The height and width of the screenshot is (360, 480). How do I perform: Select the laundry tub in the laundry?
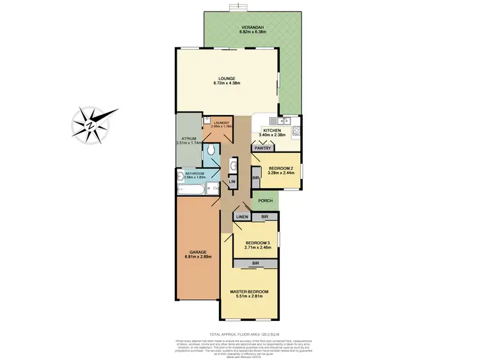(x=208, y=120)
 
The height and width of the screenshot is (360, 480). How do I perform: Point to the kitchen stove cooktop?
(x=296, y=132)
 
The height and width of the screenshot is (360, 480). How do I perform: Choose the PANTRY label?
(x=263, y=148)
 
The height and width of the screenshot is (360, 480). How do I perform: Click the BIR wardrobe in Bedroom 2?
(x=255, y=178)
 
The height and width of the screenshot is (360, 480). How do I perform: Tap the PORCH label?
(x=266, y=201)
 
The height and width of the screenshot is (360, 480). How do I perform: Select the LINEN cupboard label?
(x=242, y=217)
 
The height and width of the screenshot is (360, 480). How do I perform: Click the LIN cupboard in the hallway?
(x=232, y=183)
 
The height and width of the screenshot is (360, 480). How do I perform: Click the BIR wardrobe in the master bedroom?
(x=255, y=263)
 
